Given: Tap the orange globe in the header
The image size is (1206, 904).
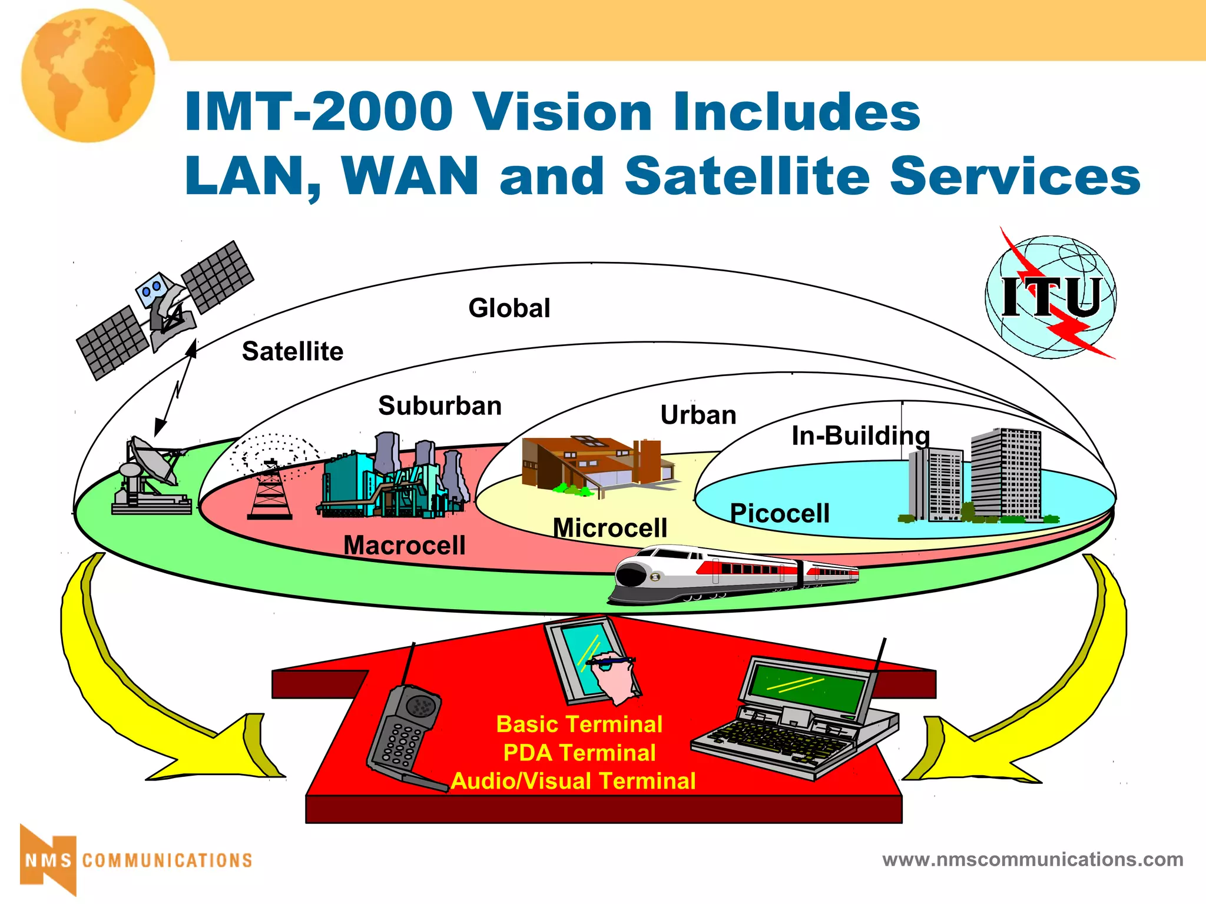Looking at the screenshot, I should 88,75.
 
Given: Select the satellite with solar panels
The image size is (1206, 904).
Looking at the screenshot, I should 165,309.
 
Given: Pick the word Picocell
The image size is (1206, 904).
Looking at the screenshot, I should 780,513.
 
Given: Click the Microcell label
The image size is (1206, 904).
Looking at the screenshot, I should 610,528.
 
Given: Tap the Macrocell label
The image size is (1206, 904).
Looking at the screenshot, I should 405,545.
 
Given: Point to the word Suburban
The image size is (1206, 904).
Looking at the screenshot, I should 440,406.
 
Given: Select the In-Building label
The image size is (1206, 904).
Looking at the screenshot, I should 860,436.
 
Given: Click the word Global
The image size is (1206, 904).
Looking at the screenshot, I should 509,308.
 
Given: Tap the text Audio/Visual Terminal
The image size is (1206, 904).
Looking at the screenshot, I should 574,781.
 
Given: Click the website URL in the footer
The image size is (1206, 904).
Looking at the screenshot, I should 1032,859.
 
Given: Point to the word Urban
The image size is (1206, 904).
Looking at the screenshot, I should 698,416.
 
